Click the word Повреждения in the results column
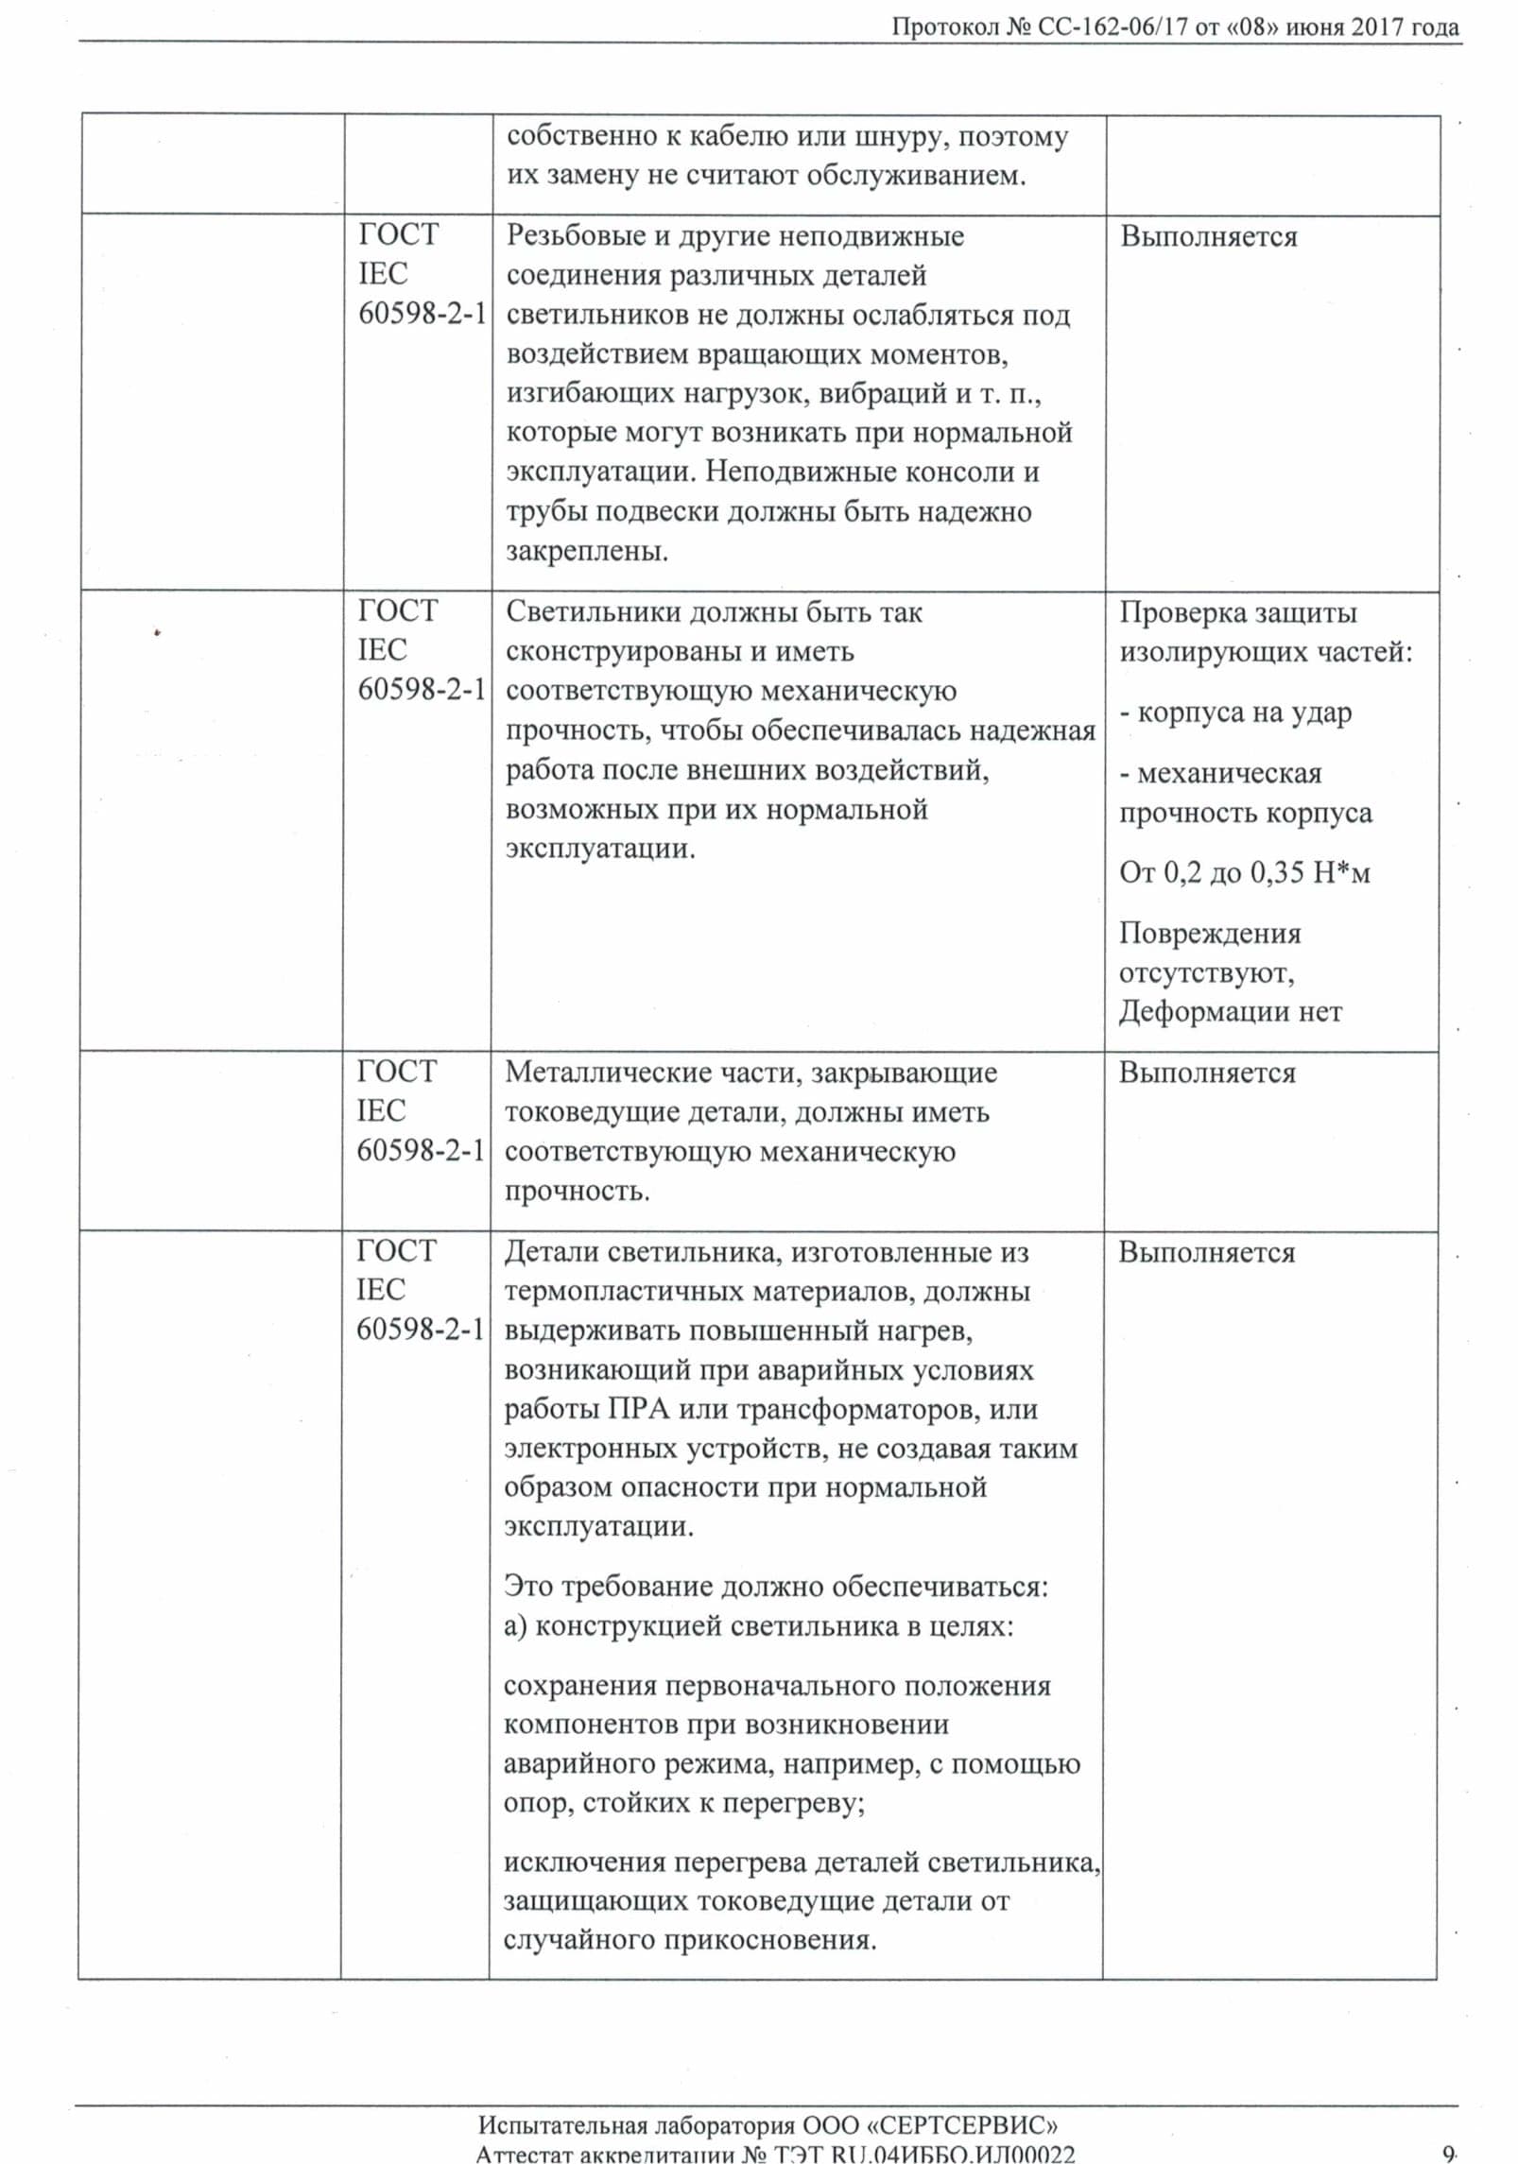tap(1210, 934)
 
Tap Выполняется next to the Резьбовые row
tap(1209, 236)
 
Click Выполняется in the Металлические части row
tap(1207, 1073)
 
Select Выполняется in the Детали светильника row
tap(1207, 1252)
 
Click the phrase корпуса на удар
tap(1244, 713)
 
